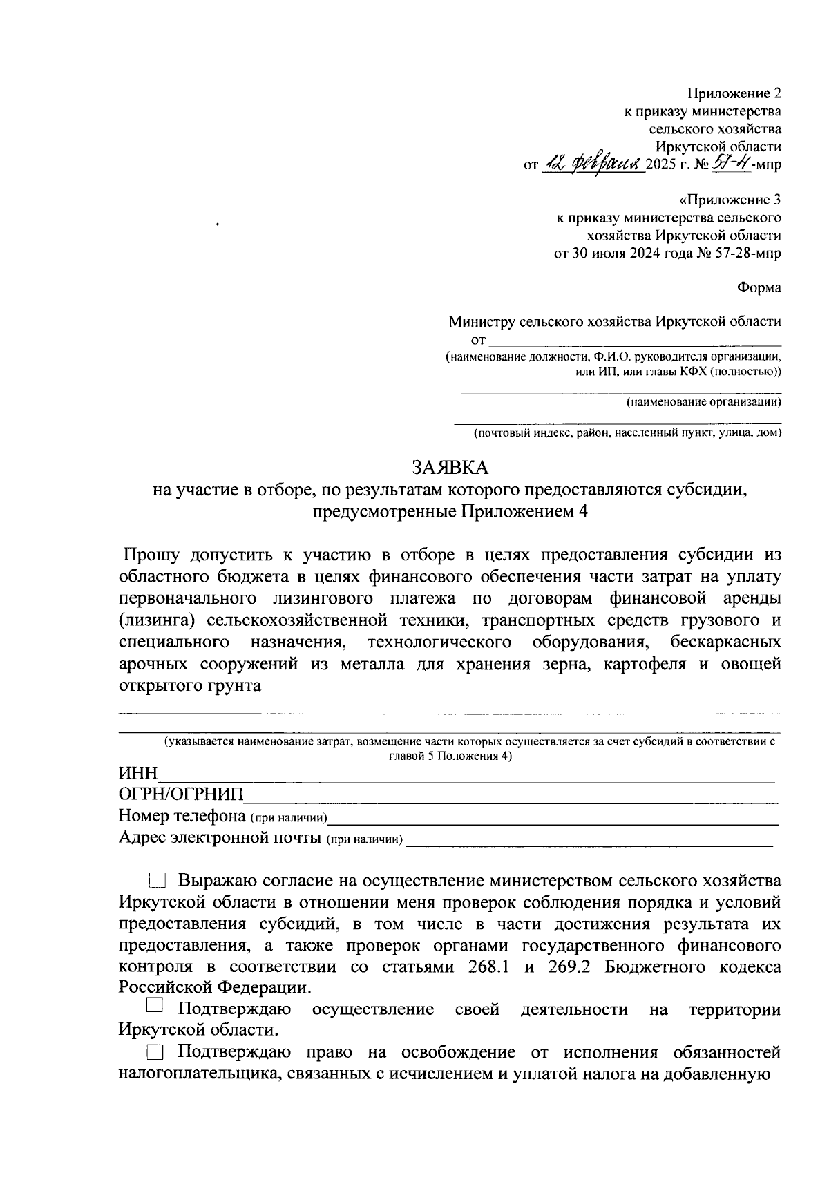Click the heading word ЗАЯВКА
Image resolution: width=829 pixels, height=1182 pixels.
tap(450, 468)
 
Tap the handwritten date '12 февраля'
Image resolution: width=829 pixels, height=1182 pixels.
tap(591, 164)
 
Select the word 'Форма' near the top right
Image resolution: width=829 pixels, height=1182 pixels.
tap(759, 288)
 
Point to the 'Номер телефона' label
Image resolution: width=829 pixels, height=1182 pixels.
tap(182, 816)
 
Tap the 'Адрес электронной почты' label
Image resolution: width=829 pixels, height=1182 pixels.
tap(220, 838)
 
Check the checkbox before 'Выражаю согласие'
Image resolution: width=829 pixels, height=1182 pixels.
tap(158, 881)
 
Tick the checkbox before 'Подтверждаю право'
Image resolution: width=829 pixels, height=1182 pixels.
tap(156, 1053)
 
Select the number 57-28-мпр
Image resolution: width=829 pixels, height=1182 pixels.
tap(749, 253)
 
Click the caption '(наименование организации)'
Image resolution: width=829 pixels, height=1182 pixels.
tap(703, 402)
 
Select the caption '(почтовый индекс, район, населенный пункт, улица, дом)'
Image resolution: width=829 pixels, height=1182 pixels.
tap(627, 433)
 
